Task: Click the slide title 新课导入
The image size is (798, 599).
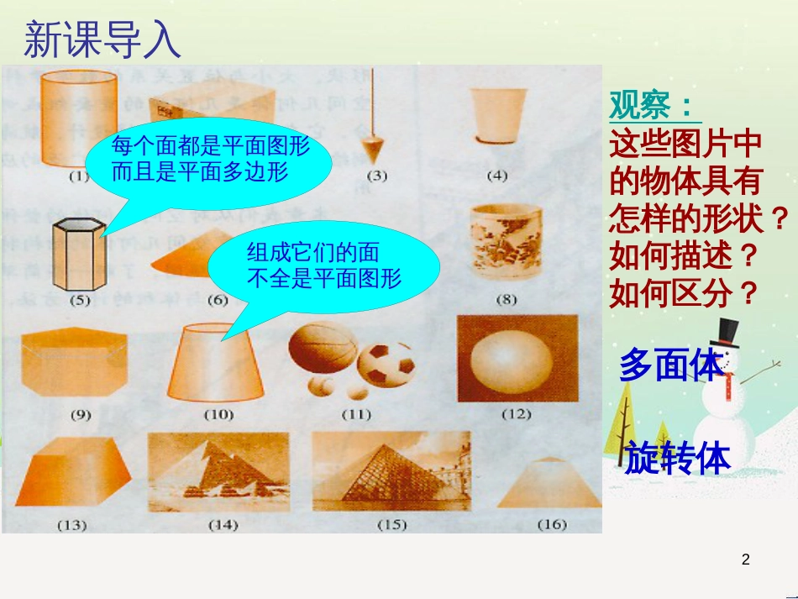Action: tap(102, 39)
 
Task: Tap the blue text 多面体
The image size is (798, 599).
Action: tap(670, 366)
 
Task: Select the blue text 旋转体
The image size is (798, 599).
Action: tap(677, 458)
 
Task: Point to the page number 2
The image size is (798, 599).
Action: tap(746, 560)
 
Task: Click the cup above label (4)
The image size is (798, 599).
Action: tap(498, 116)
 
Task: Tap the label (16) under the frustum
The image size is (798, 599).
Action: tap(551, 524)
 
